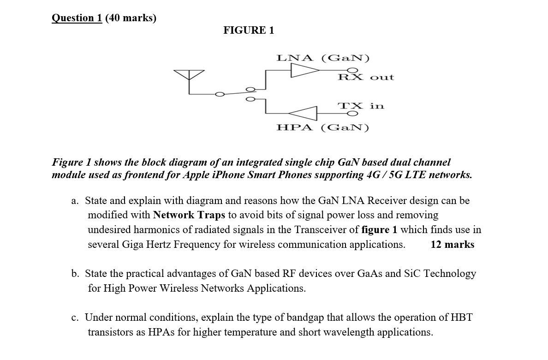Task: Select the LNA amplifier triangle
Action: (x=304, y=70)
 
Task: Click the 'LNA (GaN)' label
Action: (x=323, y=58)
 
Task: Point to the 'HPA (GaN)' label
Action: (x=323, y=127)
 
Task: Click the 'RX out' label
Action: (x=366, y=78)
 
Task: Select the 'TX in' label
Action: (x=361, y=106)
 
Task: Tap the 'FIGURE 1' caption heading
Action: (x=249, y=30)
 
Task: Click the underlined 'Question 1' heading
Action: (x=77, y=18)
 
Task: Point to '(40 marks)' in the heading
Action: (x=131, y=18)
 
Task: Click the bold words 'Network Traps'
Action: (x=189, y=215)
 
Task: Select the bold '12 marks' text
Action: (x=452, y=245)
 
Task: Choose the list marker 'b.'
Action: (x=75, y=274)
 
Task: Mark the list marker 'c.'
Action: (x=75, y=318)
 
